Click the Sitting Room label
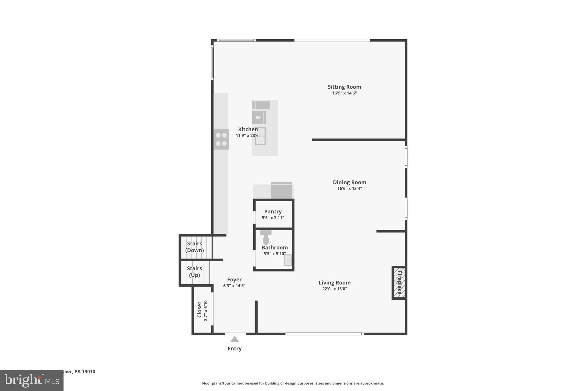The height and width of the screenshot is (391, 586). [344, 87]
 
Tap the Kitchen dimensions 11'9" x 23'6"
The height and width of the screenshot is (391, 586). [248, 135]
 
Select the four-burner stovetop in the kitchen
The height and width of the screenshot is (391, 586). [221, 139]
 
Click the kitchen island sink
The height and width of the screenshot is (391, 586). [260, 136]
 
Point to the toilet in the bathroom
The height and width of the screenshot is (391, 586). [266, 238]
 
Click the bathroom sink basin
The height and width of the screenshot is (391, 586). [288, 260]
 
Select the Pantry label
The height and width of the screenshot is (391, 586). [273, 211]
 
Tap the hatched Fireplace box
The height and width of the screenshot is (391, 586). [399, 283]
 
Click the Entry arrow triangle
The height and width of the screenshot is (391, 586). [235, 339]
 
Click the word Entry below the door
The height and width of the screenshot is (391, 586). [235, 349]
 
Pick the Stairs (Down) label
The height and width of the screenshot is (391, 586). [195, 247]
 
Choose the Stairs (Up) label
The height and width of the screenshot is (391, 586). [194, 272]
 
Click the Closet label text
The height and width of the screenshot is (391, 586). [199, 310]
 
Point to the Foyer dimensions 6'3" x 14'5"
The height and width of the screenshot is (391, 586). [234, 286]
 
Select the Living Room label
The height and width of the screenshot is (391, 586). [334, 282]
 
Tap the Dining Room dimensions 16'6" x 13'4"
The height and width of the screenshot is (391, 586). [349, 188]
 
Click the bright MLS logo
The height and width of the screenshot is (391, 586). [32, 381]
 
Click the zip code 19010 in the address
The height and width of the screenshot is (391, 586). [88, 372]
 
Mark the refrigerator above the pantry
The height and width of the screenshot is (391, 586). [282, 190]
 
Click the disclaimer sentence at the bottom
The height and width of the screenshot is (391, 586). [293, 383]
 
